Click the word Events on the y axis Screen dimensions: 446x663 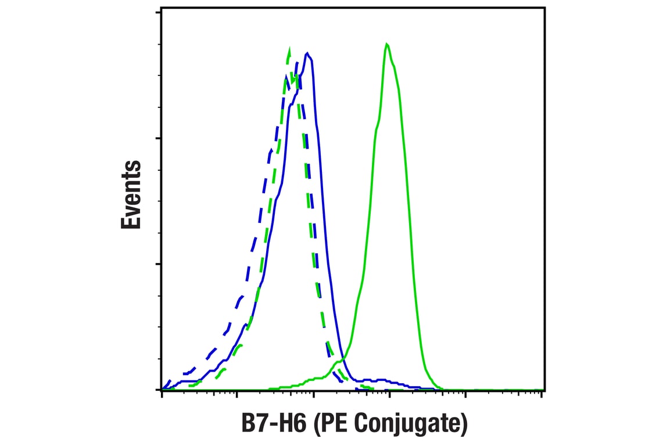[131, 195]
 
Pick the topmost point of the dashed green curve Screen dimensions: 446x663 [289, 48]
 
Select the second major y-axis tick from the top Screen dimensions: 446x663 [159, 138]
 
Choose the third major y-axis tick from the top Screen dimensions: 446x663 [159, 264]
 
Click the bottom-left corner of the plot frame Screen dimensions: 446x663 [162, 390]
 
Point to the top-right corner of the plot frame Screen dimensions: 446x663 [544, 8]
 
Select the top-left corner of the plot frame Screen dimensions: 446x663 [162, 8]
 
